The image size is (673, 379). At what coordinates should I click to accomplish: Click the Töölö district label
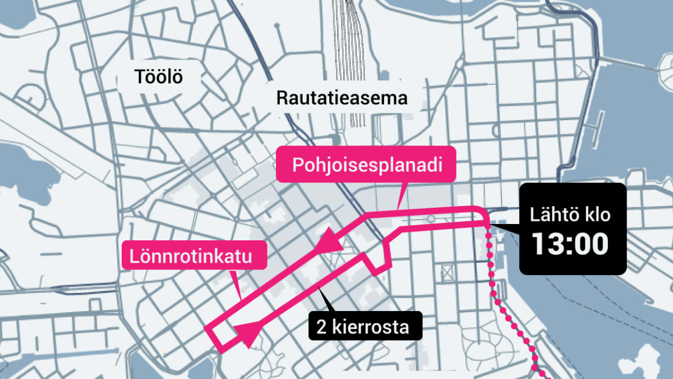pos(159,77)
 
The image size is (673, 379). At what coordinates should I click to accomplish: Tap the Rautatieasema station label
pos(342,98)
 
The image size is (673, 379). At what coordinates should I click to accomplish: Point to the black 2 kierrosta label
pos(363,326)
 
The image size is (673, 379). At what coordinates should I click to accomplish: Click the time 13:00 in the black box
pos(570,244)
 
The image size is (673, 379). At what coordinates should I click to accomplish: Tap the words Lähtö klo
pos(570,216)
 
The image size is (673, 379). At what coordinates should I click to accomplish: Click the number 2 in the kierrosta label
pos(321,327)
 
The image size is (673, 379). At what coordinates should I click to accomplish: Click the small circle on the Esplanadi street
pos(430,218)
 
